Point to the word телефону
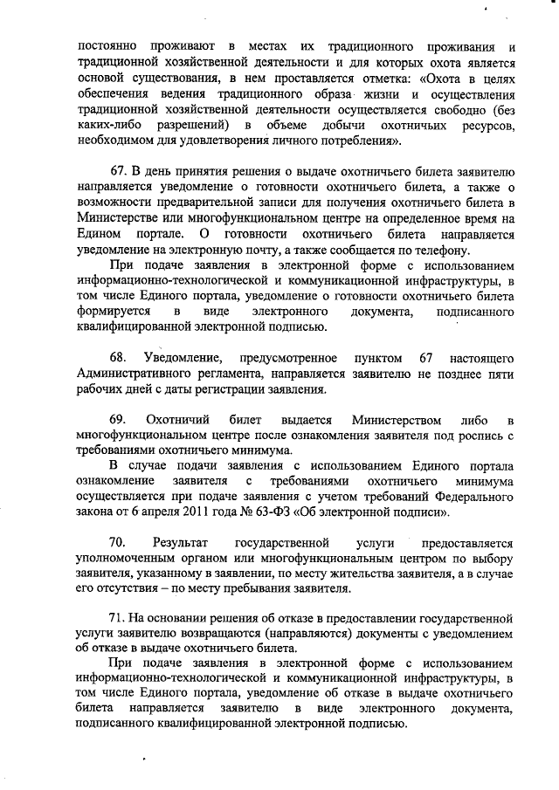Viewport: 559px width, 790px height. [x=442, y=249]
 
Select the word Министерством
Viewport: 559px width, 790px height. [x=393, y=421]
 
